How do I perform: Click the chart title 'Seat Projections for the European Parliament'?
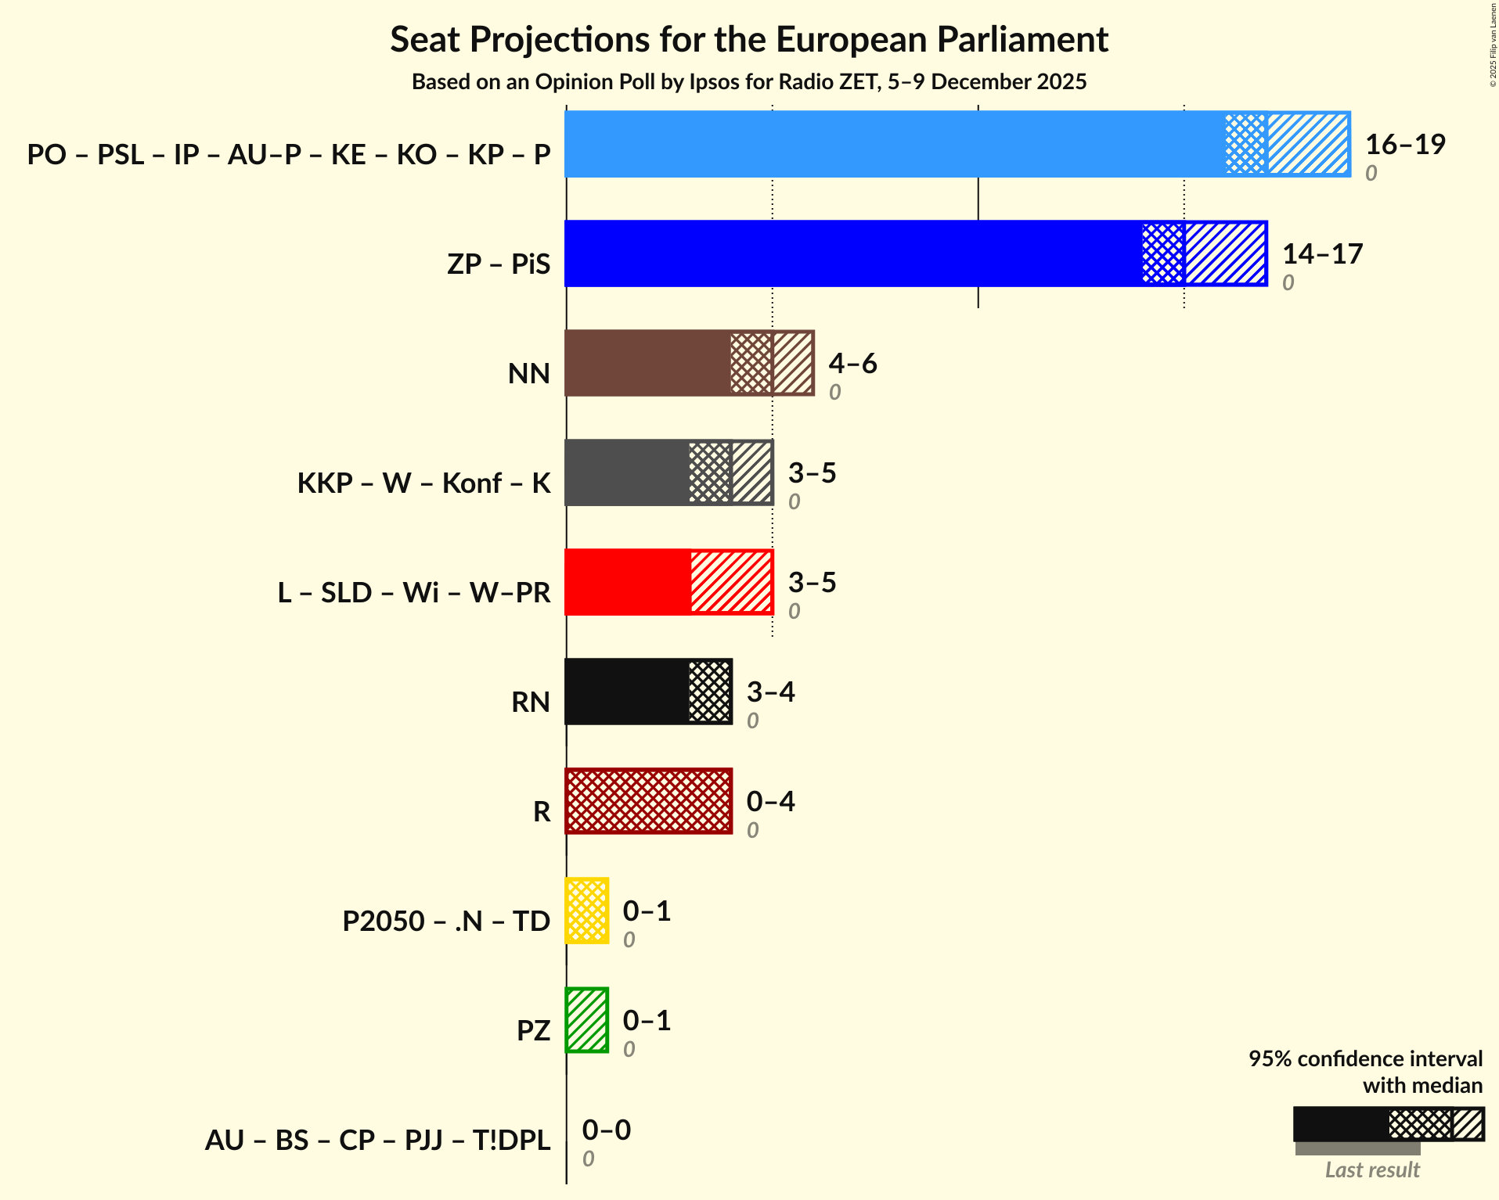tap(749, 39)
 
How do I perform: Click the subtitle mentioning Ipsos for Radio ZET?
tap(749, 82)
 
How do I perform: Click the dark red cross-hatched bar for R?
tap(648, 801)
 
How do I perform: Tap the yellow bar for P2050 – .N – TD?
tap(587, 911)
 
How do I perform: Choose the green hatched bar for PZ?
tap(587, 1020)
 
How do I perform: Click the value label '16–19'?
tap(1405, 144)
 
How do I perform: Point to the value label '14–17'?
tap(1322, 253)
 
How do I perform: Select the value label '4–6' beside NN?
tap(852, 363)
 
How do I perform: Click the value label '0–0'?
tap(606, 1130)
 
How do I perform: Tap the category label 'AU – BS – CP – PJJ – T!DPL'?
tap(377, 1140)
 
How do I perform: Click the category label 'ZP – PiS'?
tap(499, 264)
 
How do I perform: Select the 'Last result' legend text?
tap(1371, 1169)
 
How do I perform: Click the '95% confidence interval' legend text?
tap(1365, 1058)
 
